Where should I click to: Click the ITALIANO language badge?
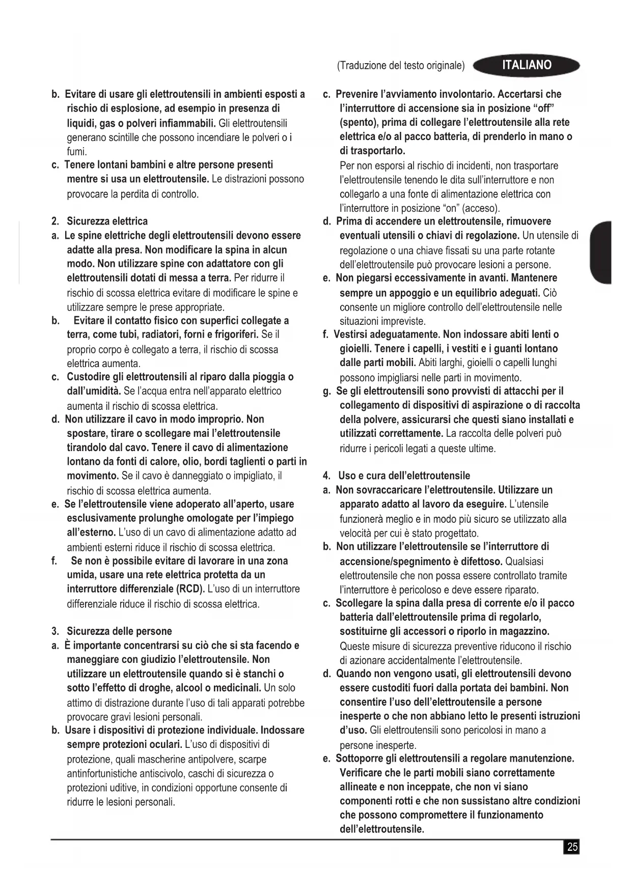pos(527,65)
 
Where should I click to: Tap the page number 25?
pos(572,847)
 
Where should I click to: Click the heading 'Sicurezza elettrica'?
pos(107,221)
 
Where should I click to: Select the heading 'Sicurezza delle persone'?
pos(119,631)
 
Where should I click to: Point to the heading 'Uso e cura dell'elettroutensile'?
pos(404,476)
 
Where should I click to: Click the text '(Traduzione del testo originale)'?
pos(401,66)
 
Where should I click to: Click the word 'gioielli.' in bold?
pos(355,349)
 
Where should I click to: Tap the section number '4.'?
pos(327,476)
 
